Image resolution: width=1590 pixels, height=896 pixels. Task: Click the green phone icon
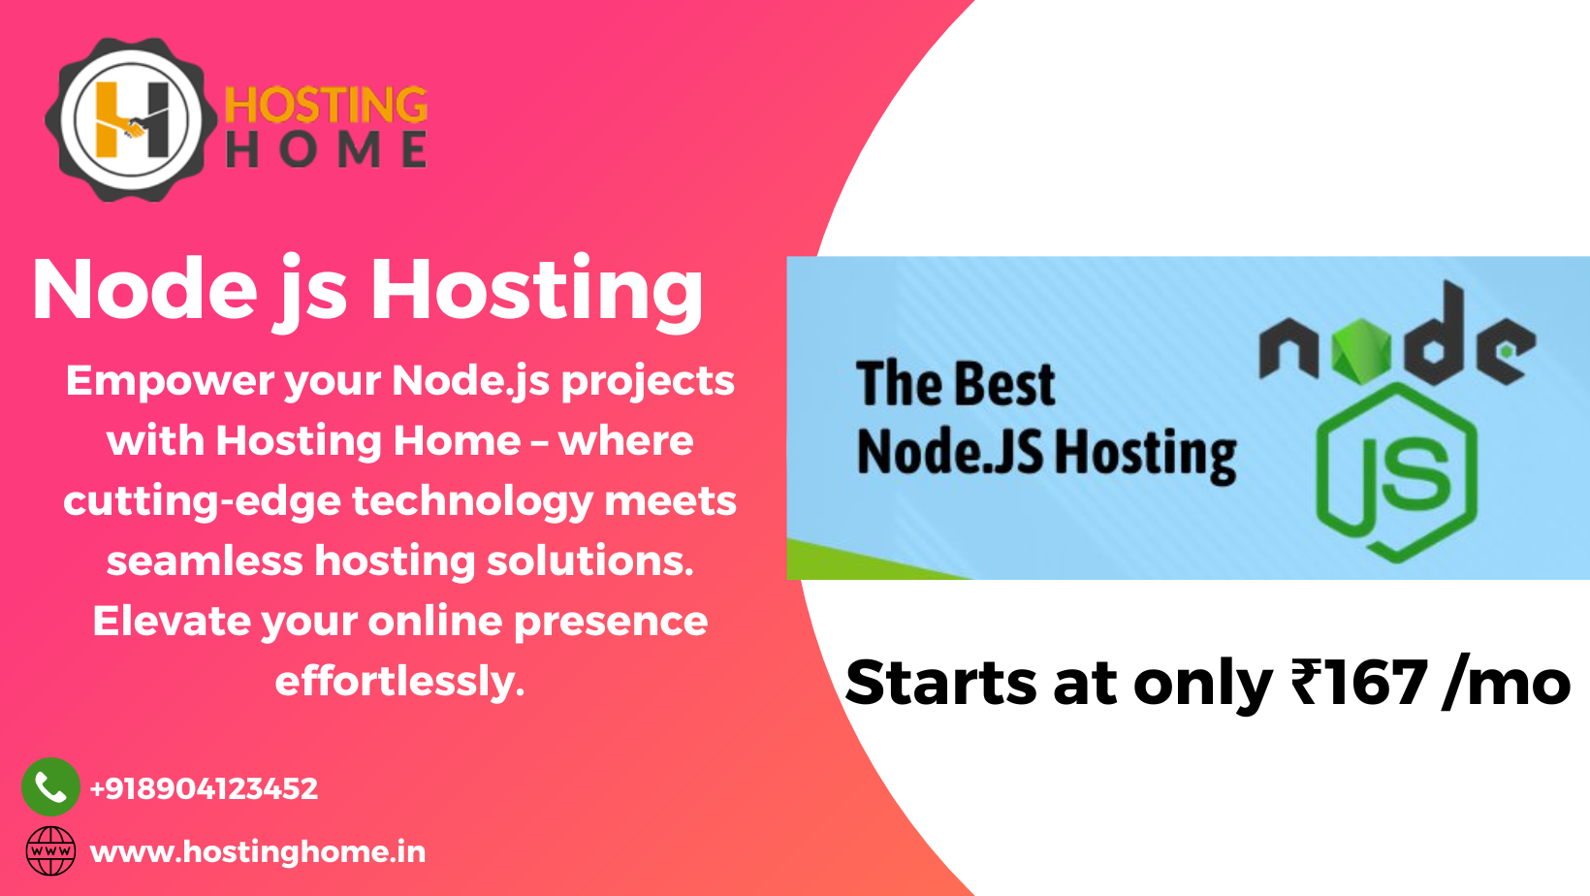pyautogui.click(x=50, y=786)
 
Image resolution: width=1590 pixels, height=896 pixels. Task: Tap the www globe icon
pyautogui.click(x=50, y=851)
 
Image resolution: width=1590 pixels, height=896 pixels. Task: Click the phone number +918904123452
pyautogui.click(x=204, y=788)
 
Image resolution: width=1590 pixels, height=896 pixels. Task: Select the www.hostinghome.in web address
pyautogui.click(x=258, y=851)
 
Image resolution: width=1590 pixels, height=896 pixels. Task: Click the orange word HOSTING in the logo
pyautogui.click(x=326, y=106)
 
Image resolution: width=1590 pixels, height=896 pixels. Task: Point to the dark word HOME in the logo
pyautogui.click(x=326, y=150)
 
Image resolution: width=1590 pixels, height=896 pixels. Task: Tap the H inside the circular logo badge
pyautogui.click(x=132, y=120)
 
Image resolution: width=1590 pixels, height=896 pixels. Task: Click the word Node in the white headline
pyautogui.click(x=145, y=290)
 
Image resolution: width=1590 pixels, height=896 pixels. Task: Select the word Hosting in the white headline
pyautogui.click(x=537, y=290)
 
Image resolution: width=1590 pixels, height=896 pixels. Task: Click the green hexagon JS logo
pyautogui.click(x=1396, y=474)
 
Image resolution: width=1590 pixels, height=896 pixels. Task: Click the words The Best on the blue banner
pyautogui.click(x=955, y=384)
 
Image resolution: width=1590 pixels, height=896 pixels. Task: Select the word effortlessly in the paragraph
pyautogui.click(x=399, y=681)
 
